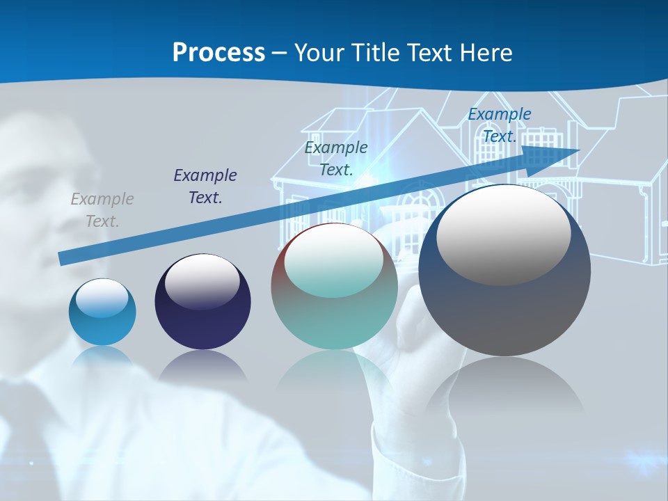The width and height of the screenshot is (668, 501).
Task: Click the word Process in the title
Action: (218, 53)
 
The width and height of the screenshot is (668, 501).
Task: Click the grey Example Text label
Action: (102, 210)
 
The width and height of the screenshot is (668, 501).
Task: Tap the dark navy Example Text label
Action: (205, 186)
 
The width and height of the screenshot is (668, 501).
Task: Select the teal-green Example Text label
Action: (336, 159)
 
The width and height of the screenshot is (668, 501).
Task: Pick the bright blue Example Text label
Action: (500, 125)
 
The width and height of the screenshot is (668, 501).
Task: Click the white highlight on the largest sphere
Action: (504, 235)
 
